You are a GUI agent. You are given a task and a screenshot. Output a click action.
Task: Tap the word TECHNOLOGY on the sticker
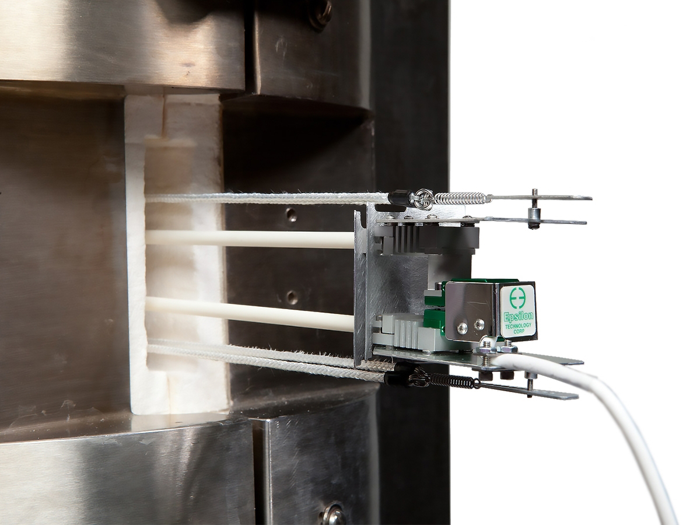click(x=519, y=325)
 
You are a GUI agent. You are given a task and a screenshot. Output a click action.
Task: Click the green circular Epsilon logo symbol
click(x=518, y=297)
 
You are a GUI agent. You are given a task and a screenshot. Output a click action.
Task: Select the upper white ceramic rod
click(x=250, y=239)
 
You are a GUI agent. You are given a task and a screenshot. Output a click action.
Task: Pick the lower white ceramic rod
click(x=250, y=313)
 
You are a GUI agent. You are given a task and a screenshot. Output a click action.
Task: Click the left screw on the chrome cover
click(x=463, y=327)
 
